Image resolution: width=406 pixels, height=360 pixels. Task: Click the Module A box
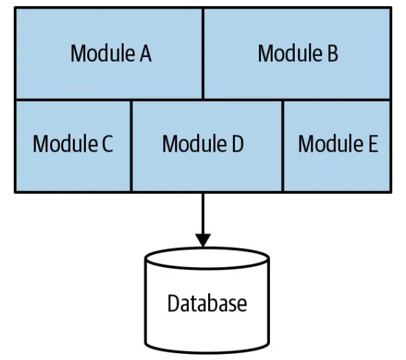(109, 54)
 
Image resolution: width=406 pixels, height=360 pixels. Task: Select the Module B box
(297, 54)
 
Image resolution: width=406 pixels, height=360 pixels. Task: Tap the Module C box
(73, 145)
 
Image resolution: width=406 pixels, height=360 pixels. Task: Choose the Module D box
(207, 145)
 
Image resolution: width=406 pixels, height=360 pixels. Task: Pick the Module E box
(337, 145)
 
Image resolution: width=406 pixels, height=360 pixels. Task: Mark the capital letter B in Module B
(332, 54)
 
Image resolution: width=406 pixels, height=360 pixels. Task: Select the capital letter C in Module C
(106, 144)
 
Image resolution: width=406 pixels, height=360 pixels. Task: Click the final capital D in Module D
(237, 144)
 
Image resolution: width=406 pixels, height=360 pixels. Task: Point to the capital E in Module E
(372, 144)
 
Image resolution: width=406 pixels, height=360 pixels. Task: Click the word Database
(207, 303)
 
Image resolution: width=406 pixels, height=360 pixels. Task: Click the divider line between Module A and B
(203, 54)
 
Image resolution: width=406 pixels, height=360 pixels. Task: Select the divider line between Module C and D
(131, 145)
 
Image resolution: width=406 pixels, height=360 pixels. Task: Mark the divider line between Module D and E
(283, 145)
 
